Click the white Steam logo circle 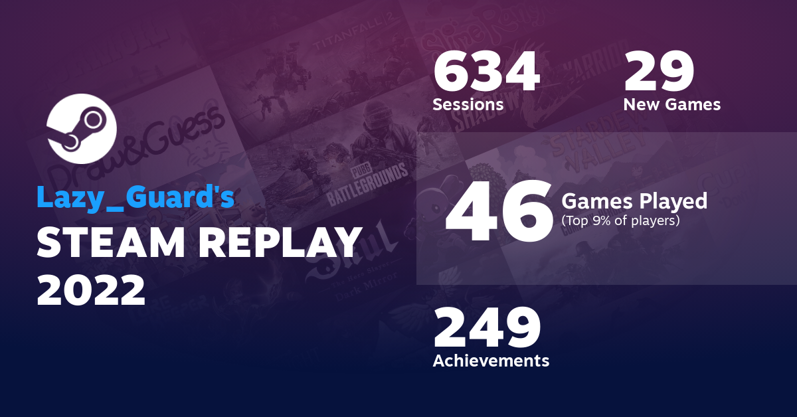pos(82,129)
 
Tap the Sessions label pos(468,105)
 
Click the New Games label pos(671,105)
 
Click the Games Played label pos(634,201)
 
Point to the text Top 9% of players pos(620,220)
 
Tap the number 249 pos(487,329)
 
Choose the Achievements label pos(491,361)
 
